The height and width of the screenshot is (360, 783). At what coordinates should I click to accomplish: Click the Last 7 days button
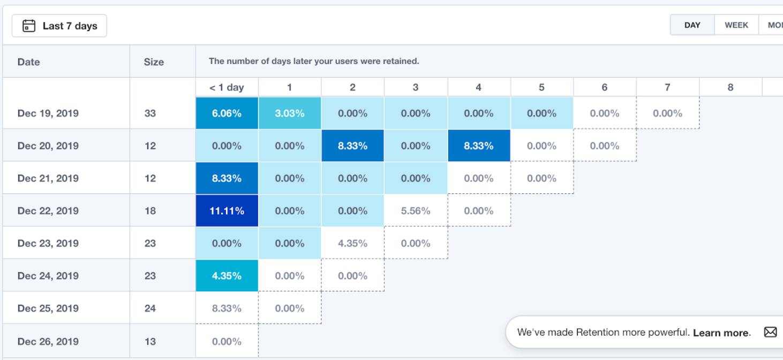coord(59,26)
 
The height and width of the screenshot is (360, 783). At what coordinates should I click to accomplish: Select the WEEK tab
coord(736,25)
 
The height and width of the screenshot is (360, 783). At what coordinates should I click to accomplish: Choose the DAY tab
coord(692,25)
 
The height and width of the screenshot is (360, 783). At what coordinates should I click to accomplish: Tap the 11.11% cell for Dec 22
coord(227,211)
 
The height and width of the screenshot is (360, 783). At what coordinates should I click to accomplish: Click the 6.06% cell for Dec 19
coord(227,113)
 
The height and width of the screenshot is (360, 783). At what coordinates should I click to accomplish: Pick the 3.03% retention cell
coord(290,113)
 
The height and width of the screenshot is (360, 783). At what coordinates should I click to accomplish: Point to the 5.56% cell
coord(416,211)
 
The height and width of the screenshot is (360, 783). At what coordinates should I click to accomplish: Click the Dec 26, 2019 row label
coord(48,341)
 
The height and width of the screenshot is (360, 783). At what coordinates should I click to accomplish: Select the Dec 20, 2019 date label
coord(48,146)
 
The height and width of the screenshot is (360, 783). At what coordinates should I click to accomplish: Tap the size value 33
coord(150,113)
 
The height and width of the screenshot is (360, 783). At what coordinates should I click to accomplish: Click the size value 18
coord(150,211)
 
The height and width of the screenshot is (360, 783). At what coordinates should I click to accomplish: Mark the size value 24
coord(150,308)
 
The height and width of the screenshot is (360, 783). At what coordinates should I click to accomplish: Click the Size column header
coord(154,62)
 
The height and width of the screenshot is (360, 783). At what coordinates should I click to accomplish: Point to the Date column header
coord(28,62)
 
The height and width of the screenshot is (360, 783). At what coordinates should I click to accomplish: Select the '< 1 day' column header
coord(227,87)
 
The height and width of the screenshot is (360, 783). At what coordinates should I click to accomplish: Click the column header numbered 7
coord(667,87)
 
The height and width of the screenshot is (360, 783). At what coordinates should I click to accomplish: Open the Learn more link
coord(721,333)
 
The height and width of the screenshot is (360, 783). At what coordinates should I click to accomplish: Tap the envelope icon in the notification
coord(770,332)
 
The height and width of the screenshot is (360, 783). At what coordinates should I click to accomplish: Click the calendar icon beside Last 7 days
coord(29,26)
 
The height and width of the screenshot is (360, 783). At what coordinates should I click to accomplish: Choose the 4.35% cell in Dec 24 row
coord(227,276)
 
